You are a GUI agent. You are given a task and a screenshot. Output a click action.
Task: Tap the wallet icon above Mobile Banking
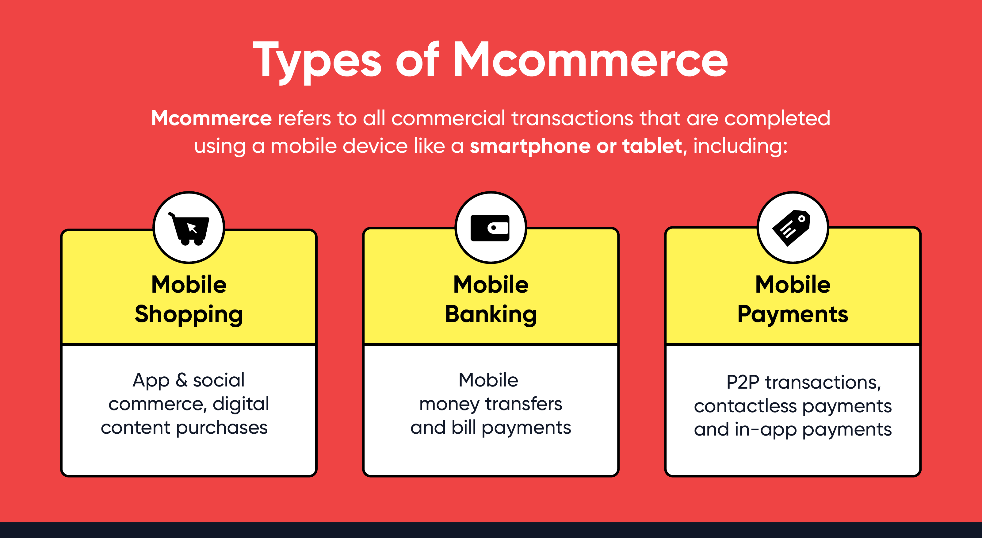pyautogui.click(x=490, y=228)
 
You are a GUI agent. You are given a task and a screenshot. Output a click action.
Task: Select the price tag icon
pyautogui.click(x=791, y=228)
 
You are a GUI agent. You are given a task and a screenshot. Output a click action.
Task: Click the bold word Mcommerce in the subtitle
pyautogui.click(x=212, y=118)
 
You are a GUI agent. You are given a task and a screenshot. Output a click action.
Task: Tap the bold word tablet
pyautogui.click(x=652, y=146)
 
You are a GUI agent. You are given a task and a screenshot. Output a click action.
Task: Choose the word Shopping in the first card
pyautogui.click(x=189, y=315)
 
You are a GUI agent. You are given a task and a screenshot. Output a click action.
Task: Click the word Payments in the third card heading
pyautogui.click(x=793, y=315)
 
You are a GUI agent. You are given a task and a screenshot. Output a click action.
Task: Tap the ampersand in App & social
pyautogui.click(x=181, y=380)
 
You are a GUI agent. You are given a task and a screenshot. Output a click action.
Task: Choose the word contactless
pyautogui.click(x=745, y=406)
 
